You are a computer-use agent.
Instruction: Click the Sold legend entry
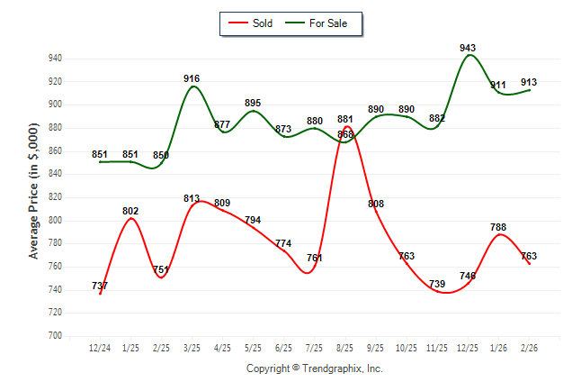(255, 23)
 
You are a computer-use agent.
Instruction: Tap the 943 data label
(468, 48)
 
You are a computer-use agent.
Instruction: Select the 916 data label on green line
(192, 78)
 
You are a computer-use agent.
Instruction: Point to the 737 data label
(100, 286)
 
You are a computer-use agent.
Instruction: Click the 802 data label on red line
(130, 211)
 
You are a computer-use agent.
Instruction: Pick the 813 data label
(192, 198)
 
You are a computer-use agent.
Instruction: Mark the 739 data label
(437, 285)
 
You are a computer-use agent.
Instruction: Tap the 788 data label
(498, 228)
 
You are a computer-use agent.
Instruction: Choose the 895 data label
(253, 103)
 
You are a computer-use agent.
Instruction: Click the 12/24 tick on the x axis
(100, 348)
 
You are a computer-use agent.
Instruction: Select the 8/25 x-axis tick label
(345, 348)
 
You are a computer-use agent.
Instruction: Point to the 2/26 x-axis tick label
(529, 348)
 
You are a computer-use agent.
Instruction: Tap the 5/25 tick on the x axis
(253, 348)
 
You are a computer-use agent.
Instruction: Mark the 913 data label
(529, 82)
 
